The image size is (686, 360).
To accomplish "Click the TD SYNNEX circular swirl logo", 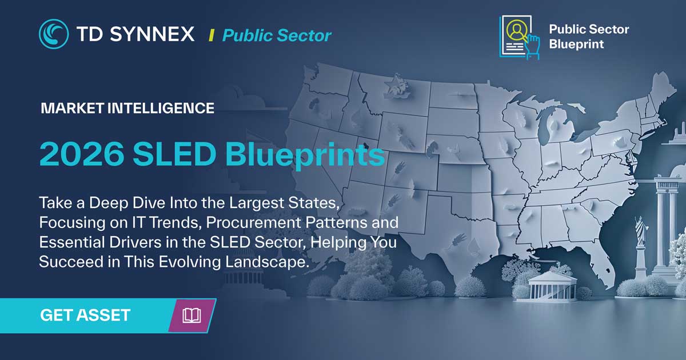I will point(54,34).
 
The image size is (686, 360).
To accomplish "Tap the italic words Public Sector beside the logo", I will point(277,35).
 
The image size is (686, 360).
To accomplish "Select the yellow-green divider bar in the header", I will point(212,35).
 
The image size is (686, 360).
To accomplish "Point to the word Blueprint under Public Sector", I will point(576,44).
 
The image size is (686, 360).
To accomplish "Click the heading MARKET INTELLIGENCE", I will point(127,107).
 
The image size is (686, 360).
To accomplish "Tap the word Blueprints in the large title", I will point(305,155).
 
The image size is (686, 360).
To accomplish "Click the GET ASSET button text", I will point(85,314).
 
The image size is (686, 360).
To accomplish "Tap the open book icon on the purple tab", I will point(192,315).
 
